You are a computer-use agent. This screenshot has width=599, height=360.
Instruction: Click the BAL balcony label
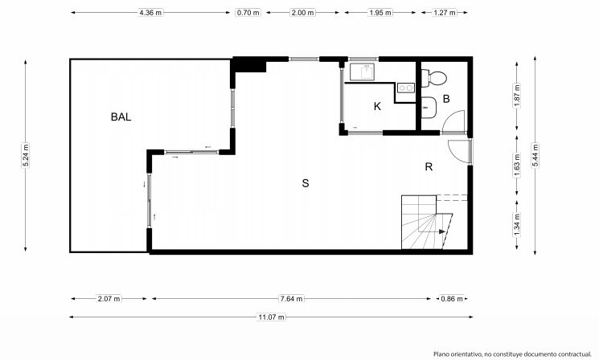121,117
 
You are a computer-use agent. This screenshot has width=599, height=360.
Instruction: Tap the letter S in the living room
306,183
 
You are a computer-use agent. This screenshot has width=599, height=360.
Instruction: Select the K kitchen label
377,106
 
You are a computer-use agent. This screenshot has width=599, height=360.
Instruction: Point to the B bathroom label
446,99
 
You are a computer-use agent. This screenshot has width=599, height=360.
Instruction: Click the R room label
429,167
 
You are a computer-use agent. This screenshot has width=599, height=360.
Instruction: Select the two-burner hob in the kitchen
406,88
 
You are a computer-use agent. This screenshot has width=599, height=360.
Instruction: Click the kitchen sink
362,72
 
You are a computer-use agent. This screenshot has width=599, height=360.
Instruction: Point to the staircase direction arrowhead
442,231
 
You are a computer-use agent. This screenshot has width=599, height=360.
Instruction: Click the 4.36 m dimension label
150,13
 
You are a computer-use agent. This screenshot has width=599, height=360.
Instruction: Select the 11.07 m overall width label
271,317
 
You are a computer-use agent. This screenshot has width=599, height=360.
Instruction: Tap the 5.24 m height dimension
26,155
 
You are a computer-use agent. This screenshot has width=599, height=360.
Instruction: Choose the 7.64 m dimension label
292,299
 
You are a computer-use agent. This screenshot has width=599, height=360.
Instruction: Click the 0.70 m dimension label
248,13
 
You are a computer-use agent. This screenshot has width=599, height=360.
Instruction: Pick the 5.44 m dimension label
535,155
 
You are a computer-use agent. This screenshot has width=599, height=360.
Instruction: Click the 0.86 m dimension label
452,299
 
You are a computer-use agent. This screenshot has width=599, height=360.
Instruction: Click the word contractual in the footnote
572,354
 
